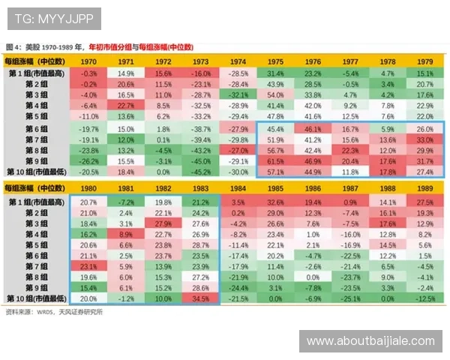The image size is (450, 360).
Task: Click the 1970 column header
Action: point(89,61)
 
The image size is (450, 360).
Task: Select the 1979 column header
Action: point(424,61)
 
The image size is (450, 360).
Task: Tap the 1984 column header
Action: point(238,187)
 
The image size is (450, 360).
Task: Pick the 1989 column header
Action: point(424,187)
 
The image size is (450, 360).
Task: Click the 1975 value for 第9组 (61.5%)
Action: point(275,160)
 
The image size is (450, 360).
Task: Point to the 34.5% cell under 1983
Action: point(201,298)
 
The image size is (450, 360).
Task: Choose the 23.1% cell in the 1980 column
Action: point(89,265)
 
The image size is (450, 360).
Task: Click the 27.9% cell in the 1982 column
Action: point(163,223)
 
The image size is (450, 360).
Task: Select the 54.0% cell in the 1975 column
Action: point(275,95)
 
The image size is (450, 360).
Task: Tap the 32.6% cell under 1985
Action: point(275,202)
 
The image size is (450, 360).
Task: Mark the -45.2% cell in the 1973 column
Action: point(201,172)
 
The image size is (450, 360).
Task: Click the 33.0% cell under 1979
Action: point(424,139)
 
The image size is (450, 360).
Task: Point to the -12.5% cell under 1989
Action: point(424,298)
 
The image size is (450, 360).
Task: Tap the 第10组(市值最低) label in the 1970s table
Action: point(37,172)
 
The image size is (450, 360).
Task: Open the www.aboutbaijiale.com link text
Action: point(370,341)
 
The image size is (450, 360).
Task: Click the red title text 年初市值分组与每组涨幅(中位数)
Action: point(139,45)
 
